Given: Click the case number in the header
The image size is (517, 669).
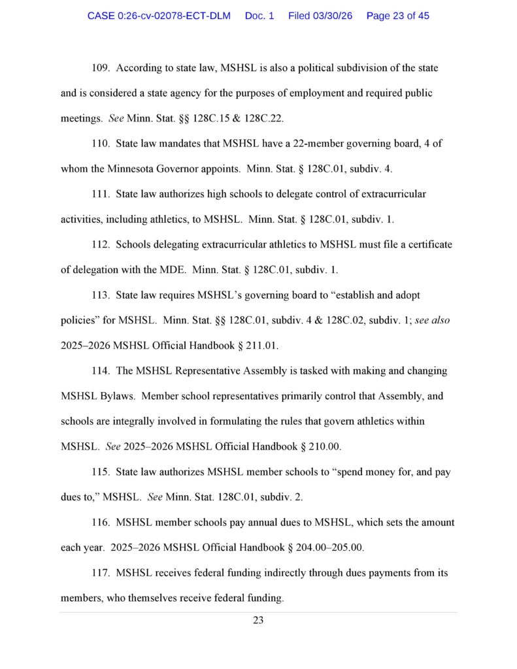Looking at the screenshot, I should point(159,16).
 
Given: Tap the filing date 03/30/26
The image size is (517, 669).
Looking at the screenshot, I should point(332,16).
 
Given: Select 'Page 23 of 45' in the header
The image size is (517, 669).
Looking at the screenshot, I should point(398,16).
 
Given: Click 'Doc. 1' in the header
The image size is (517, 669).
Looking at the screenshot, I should point(259,16).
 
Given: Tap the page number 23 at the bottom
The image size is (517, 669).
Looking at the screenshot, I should point(258,621).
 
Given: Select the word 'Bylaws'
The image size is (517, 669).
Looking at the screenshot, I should point(115,396).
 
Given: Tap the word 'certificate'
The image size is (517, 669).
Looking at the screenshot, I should point(427,244).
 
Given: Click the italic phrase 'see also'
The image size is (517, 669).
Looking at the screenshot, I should point(432,320).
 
